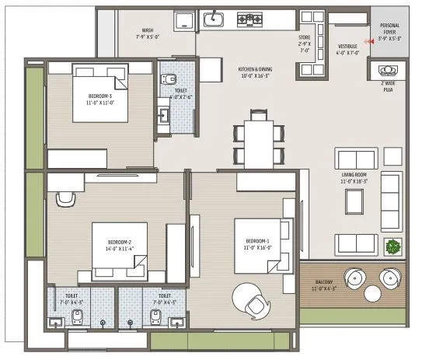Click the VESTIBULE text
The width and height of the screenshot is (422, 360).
pos(346,49)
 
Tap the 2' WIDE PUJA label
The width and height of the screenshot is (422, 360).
pos(386,86)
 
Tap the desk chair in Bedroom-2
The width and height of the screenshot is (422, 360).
pos(67,198)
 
